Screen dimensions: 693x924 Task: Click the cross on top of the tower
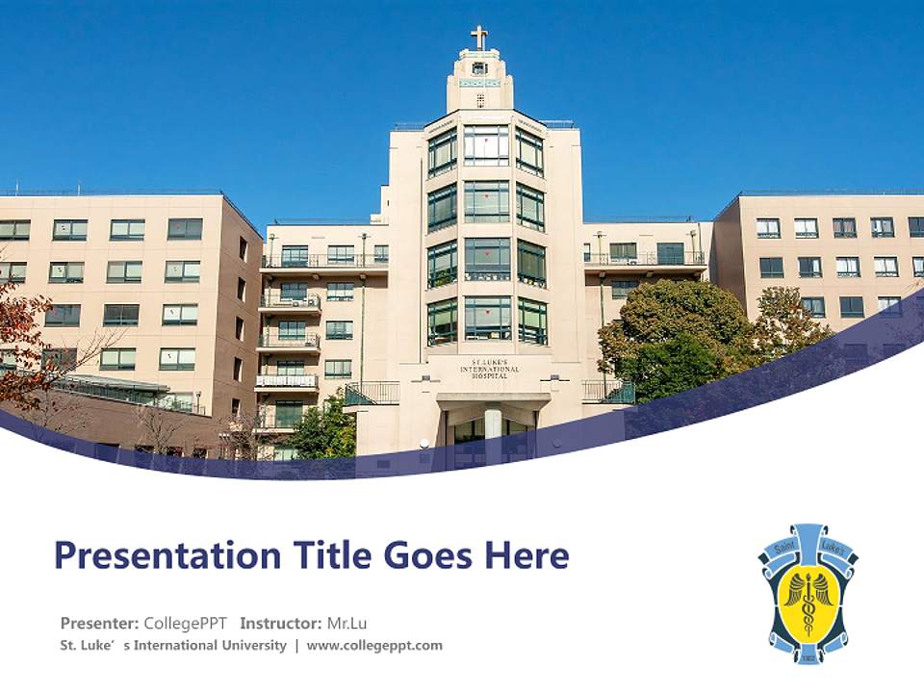tap(479, 38)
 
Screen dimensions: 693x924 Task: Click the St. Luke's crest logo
tap(808, 593)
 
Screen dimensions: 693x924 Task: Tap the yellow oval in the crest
tap(808, 602)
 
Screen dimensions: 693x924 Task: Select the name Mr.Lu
tap(346, 623)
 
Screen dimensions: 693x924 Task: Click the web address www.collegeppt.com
tap(374, 646)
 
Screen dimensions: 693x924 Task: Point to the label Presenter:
tap(99, 623)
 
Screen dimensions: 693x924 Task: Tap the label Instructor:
tap(280, 623)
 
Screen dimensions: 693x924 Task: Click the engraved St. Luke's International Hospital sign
tap(489, 369)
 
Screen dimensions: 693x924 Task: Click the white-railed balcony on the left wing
tap(286, 381)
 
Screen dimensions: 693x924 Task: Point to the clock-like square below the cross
tap(479, 68)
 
